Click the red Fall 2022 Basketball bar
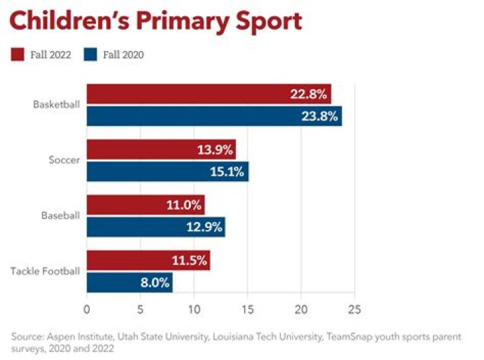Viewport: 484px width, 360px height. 208,94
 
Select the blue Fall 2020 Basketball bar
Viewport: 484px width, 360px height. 214,115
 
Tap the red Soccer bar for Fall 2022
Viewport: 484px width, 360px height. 161,149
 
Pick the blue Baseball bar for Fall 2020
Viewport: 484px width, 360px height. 155,227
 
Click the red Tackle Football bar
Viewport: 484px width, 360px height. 148,260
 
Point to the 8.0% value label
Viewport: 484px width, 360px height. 155,283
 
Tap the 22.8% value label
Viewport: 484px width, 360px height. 309,94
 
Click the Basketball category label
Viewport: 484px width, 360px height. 56,105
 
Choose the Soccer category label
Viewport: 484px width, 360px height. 65,160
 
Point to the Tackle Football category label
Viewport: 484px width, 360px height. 46,271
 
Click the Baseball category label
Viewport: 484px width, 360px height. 61,216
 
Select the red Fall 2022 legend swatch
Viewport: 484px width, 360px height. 17,55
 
